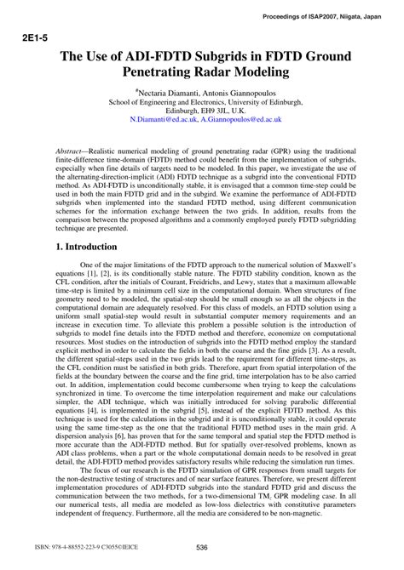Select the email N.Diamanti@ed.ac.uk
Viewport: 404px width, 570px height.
pos(164,120)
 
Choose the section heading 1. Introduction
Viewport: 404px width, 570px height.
pos(79,247)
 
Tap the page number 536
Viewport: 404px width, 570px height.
pos(202,547)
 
